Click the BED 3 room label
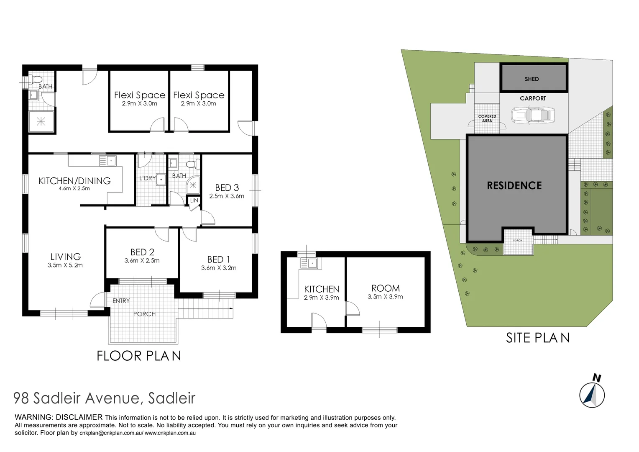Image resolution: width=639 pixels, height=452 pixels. pyautogui.click(x=227, y=187)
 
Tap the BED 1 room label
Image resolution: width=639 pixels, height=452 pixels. pyautogui.click(x=218, y=259)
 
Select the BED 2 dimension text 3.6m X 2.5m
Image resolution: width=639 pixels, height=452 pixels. pyautogui.click(x=142, y=261)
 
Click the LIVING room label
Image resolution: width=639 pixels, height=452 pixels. pyautogui.click(x=65, y=257)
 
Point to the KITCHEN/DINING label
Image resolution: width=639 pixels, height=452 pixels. pyautogui.click(x=74, y=181)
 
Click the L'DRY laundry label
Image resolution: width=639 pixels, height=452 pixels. pyautogui.click(x=147, y=178)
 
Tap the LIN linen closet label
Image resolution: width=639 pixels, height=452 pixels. pyautogui.click(x=194, y=201)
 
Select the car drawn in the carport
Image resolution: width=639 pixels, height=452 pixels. pyautogui.click(x=533, y=115)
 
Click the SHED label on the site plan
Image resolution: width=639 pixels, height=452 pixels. pyautogui.click(x=532, y=79)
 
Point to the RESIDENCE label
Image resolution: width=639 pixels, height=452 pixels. pyautogui.click(x=514, y=185)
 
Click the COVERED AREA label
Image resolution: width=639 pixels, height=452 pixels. pyautogui.click(x=487, y=118)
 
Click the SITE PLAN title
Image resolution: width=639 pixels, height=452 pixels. pyautogui.click(x=537, y=338)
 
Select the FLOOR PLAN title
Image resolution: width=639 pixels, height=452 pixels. pyautogui.click(x=139, y=356)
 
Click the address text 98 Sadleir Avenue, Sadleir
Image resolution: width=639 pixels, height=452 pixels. pyautogui.click(x=104, y=398)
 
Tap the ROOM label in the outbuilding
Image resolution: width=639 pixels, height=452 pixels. pyautogui.click(x=385, y=288)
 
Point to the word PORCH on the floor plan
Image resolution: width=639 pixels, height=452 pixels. pyautogui.click(x=144, y=314)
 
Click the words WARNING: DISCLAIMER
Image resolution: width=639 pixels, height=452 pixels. pyautogui.click(x=59, y=417)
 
